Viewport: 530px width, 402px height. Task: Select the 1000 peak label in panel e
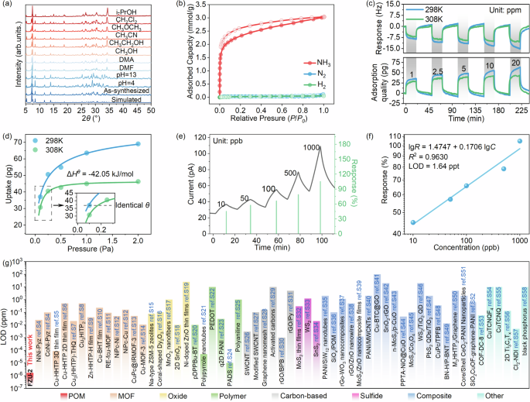[x=312, y=148]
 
